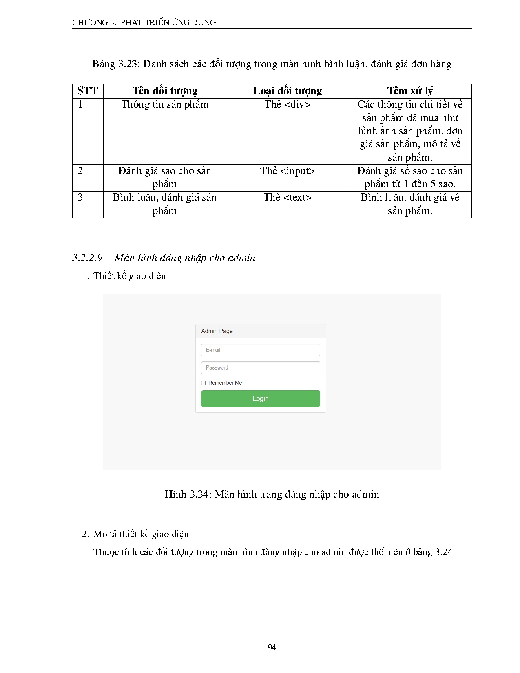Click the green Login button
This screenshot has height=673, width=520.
pos(260,398)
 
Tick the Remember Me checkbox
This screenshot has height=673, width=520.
pos(203,383)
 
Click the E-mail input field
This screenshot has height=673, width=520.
pos(260,350)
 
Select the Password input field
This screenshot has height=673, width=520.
pos(260,367)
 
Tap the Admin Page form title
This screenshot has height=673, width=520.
pos(217,331)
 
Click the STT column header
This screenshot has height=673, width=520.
pos(88,91)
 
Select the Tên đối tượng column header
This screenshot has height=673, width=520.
pos(165,91)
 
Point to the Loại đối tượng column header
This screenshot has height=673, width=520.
pos(288,91)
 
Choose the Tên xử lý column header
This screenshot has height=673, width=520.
pos(410,91)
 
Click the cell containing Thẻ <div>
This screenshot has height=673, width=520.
pos(288,105)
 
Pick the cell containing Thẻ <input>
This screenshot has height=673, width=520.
pos(288,171)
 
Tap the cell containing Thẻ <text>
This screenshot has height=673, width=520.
pos(288,198)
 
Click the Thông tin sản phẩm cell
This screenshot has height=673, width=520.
pos(165,105)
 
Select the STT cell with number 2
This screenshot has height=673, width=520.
pos(80,171)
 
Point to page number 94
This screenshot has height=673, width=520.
pos(272,648)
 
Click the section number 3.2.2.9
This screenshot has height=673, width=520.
pos(87,258)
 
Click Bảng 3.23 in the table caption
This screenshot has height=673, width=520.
pos(116,64)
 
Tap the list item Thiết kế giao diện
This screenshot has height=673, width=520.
pos(129,276)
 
